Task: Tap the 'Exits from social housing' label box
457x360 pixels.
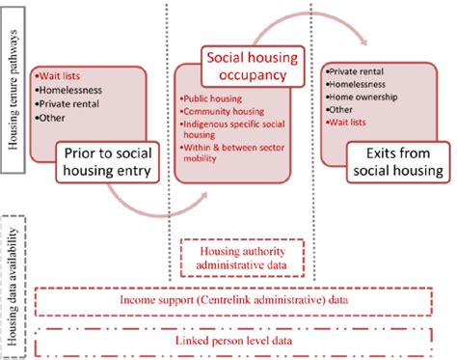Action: pos(396,161)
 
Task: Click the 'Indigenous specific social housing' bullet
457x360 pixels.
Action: pos(231,128)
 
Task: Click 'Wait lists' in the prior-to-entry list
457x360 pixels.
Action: pos(58,74)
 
